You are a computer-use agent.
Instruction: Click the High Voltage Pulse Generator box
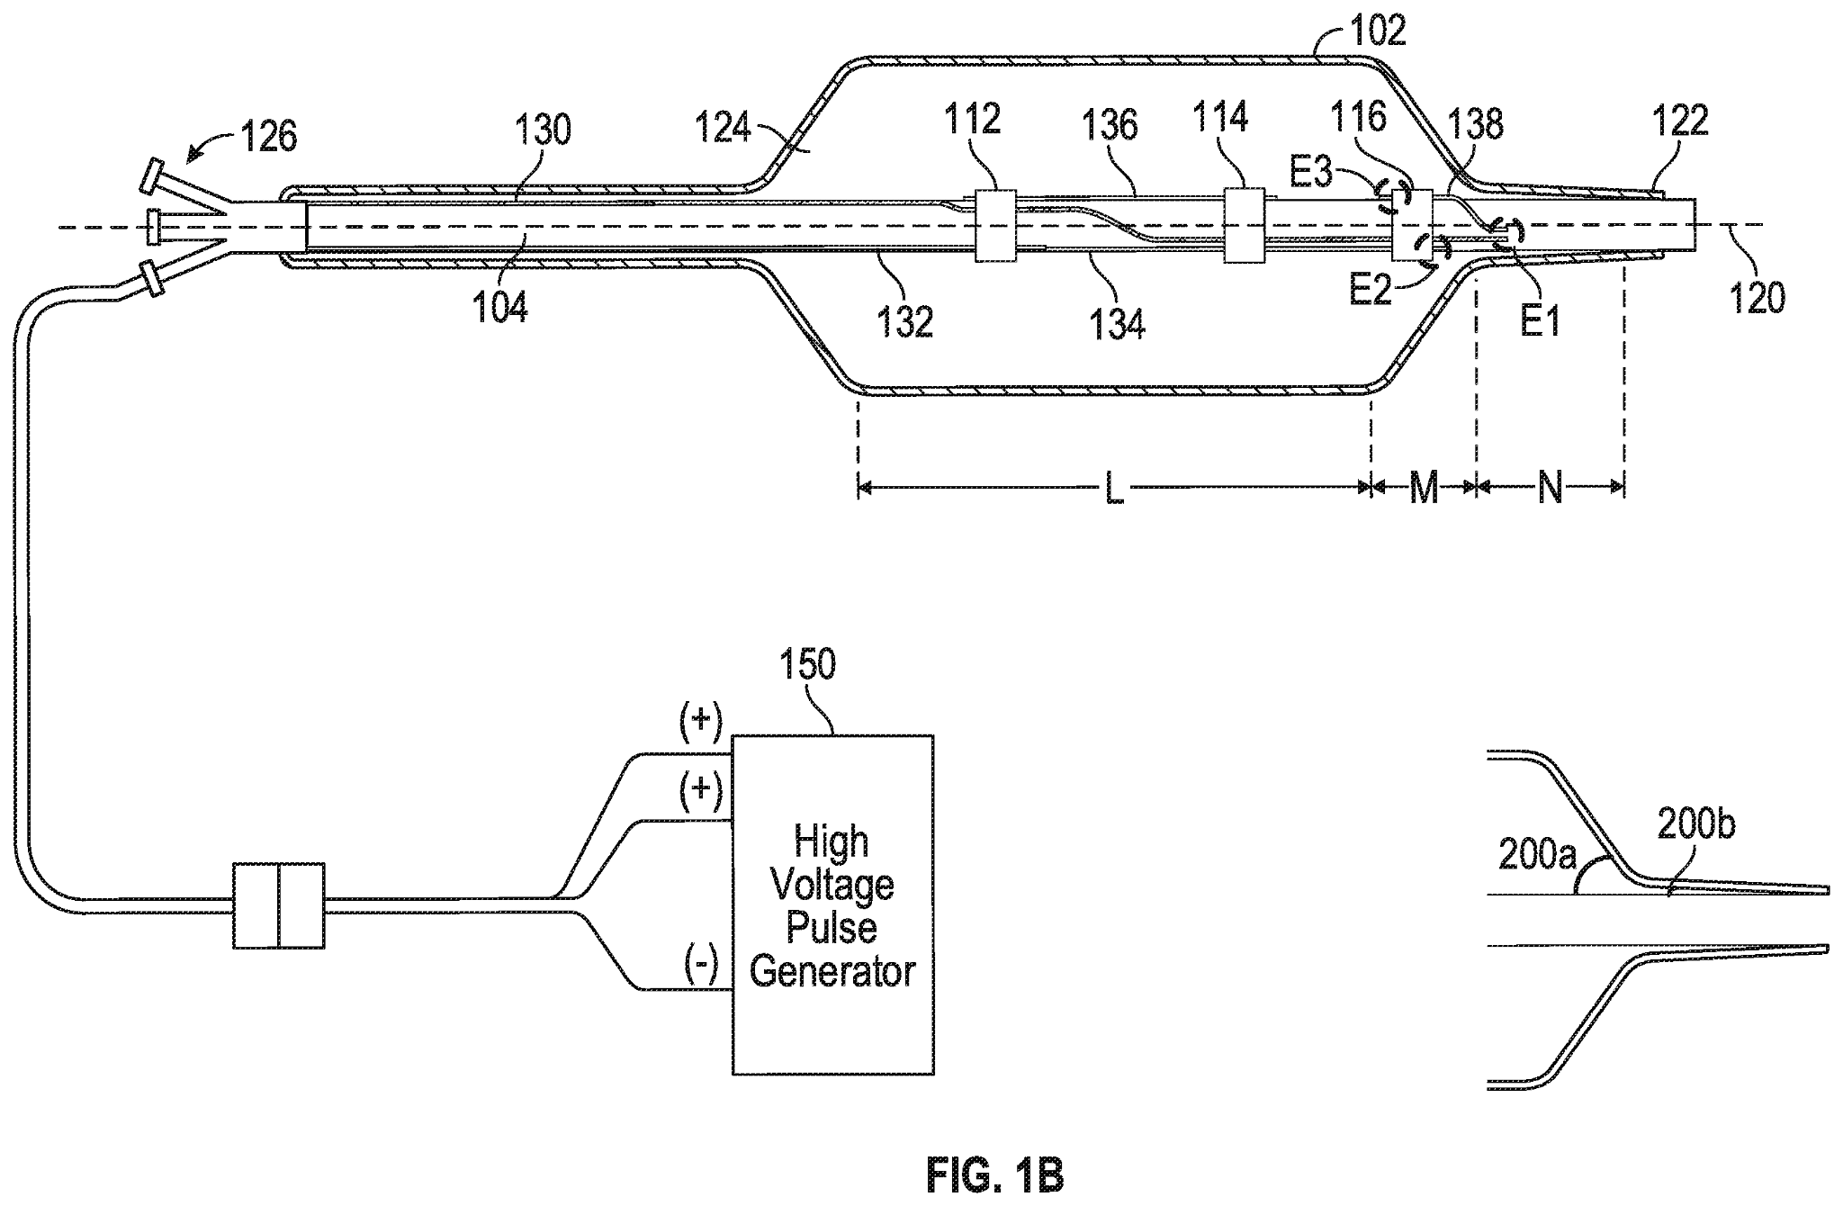[832, 904]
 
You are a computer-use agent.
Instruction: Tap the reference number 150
[807, 664]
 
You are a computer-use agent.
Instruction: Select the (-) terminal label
[701, 966]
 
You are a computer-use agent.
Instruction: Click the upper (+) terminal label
[701, 719]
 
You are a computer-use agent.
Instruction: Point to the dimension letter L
[1113, 490]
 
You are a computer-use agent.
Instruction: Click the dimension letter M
[1423, 490]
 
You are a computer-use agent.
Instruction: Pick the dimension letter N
[1550, 490]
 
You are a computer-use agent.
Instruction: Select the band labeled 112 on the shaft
[996, 225]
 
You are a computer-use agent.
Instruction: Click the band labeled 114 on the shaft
[1245, 225]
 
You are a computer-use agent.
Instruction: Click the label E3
[1311, 172]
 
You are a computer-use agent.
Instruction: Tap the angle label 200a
[1536, 855]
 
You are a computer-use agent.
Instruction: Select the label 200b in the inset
[1695, 825]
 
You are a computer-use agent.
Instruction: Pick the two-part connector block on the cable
[278, 905]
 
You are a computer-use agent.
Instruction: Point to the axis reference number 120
[1758, 298]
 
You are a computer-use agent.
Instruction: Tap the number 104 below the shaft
[501, 309]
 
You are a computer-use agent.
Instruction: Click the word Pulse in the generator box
[832, 928]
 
